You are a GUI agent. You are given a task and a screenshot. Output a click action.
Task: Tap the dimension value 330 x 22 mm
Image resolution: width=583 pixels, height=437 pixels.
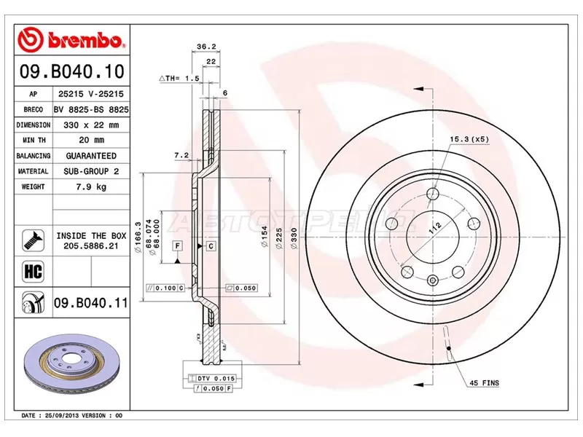coord(90,125)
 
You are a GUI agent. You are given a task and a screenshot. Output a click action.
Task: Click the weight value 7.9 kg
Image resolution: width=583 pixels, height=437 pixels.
coord(90,187)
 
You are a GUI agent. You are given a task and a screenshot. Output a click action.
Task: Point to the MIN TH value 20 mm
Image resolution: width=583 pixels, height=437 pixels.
coord(90,141)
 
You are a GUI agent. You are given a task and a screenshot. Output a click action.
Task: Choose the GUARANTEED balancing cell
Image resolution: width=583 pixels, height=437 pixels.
coord(90,156)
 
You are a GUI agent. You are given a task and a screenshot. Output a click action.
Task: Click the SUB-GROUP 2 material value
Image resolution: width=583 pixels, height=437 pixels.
coord(90,172)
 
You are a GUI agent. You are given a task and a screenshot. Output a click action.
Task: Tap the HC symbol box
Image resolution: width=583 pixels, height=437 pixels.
coord(33,271)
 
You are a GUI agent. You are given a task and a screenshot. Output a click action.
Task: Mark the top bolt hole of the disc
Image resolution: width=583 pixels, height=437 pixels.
coord(434,194)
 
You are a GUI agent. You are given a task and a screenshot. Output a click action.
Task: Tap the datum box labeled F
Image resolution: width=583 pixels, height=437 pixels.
coord(177,246)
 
